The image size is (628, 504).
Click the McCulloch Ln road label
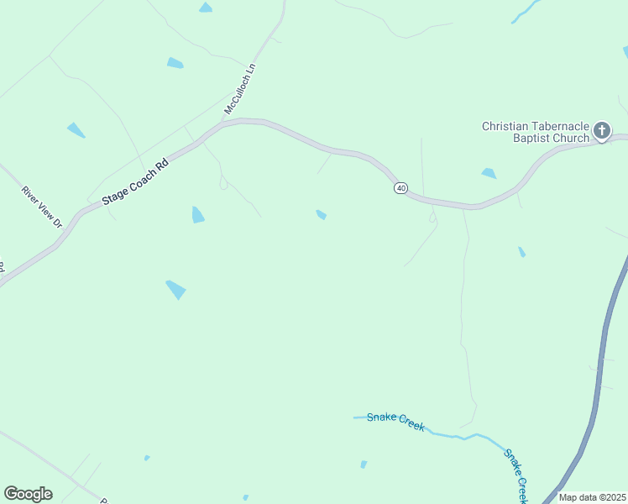(x=239, y=88)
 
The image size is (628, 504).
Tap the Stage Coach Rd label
(x=136, y=179)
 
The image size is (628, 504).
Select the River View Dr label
(x=42, y=207)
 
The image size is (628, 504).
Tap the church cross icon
(x=601, y=130)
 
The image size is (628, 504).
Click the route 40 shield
(x=400, y=187)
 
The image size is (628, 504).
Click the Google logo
(x=28, y=493)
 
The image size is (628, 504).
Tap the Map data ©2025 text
(x=592, y=497)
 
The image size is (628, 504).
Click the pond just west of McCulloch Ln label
(x=175, y=63)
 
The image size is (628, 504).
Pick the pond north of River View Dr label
(x=76, y=130)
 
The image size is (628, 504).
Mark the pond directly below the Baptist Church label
(x=489, y=174)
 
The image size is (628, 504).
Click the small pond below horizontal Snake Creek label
(x=364, y=464)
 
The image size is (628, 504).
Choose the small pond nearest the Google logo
(x=147, y=458)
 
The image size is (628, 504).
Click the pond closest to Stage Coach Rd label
(x=197, y=215)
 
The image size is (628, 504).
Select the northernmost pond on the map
(x=205, y=8)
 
